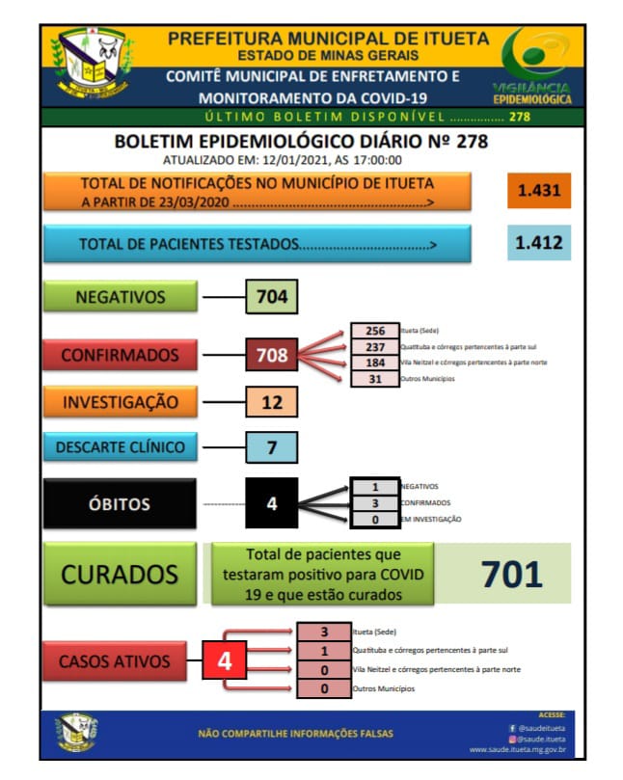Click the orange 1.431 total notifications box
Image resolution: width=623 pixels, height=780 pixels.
(539, 190)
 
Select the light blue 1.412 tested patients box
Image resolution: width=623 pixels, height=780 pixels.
(539, 243)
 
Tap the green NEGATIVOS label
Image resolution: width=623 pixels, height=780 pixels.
(121, 298)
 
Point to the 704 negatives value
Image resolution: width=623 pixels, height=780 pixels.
(273, 298)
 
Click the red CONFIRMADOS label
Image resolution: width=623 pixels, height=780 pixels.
(120, 355)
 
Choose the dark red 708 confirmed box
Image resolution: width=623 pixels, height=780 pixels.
(273, 355)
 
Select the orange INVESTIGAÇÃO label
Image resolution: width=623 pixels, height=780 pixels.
(120, 401)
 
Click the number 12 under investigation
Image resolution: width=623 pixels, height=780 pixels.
(273, 401)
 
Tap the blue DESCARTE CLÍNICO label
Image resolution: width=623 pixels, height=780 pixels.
(120, 446)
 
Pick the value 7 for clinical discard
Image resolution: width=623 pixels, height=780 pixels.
(273, 446)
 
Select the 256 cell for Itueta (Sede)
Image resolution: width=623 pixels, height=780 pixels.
(375, 330)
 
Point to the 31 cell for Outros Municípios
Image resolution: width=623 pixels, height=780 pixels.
(375, 379)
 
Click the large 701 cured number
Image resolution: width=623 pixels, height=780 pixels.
(512, 574)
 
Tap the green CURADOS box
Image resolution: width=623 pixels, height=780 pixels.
(120, 575)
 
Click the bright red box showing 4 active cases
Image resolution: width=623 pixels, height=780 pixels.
(225, 661)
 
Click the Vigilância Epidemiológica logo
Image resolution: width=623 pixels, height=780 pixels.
(531, 66)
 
